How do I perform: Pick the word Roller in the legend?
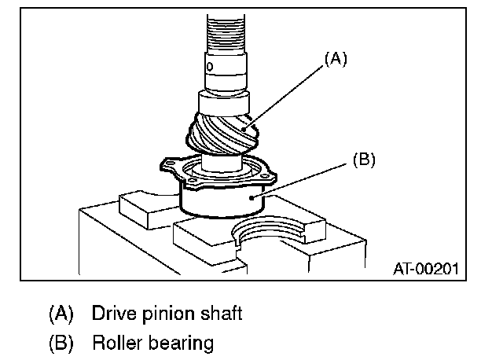coord(115,343)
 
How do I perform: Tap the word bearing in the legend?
coord(182,343)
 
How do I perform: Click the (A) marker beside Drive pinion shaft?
coord(61,314)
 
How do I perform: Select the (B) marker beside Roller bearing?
coord(61,343)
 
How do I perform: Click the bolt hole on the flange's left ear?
coord(167,165)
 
